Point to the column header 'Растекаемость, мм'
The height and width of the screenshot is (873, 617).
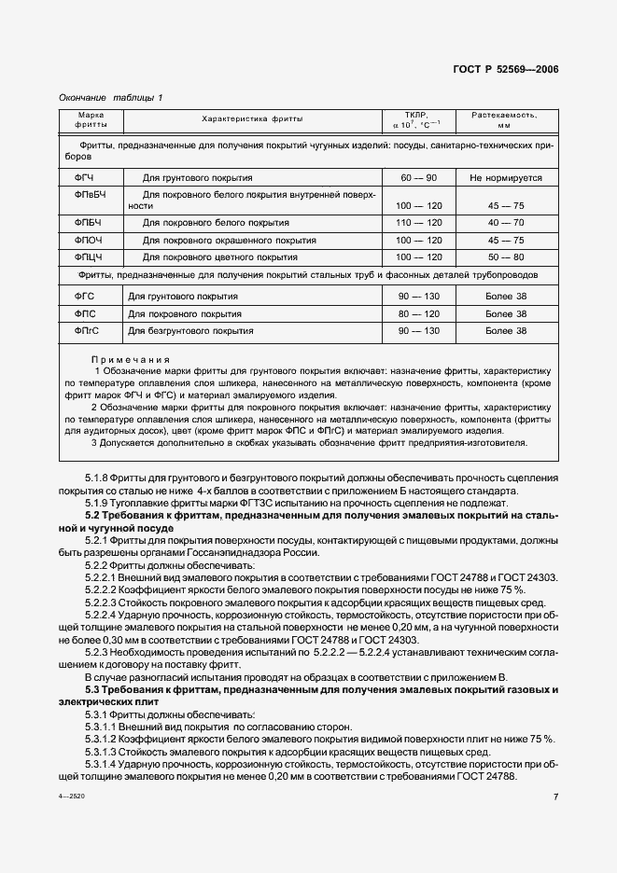pos(504,119)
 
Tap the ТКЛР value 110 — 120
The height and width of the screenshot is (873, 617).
pos(416,222)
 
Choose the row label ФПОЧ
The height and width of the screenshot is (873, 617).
pos(87,239)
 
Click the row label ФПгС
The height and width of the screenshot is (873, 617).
pos(86,330)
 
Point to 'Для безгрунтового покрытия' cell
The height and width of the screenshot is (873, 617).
pos(184,330)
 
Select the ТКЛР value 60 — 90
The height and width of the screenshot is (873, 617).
pos(416,176)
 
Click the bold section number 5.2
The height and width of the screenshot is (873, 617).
pos(94,515)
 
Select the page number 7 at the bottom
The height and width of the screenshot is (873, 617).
pos(555,797)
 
